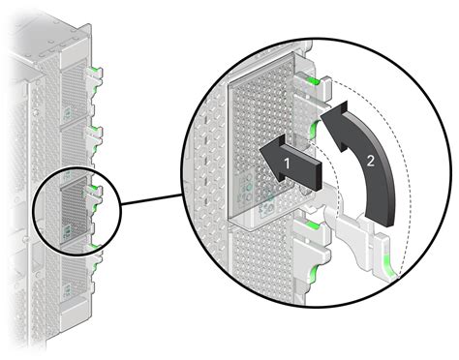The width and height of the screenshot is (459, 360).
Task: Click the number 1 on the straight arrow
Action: [x=286, y=165]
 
